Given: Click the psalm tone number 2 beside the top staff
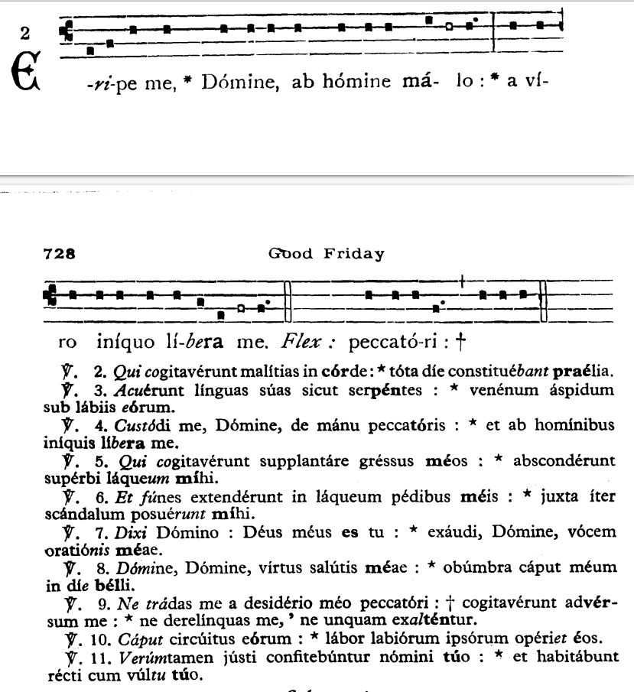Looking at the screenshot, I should point(24,34).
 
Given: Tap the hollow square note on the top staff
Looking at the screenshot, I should point(450,26).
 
